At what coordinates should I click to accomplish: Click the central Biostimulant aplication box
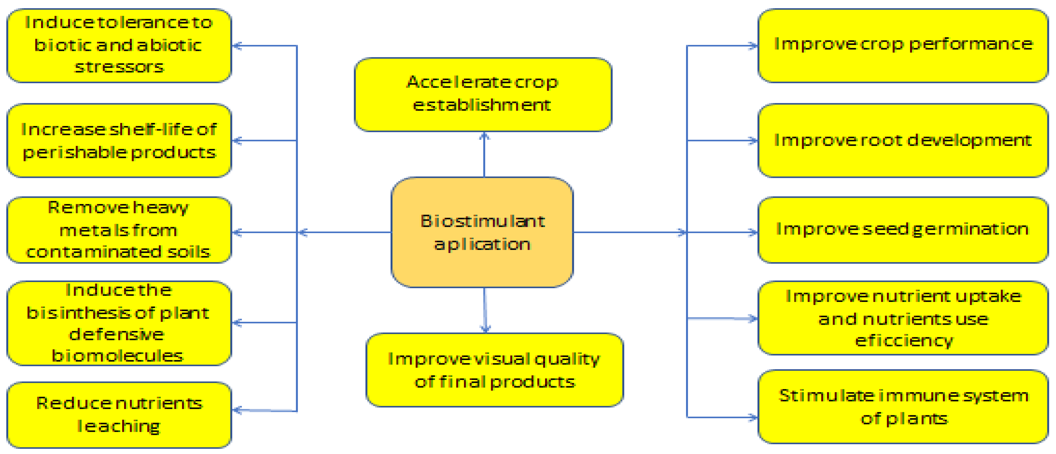[x=482, y=232]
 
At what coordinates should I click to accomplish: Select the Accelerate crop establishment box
[x=483, y=95]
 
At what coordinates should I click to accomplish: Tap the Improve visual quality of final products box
[x=494, y=370]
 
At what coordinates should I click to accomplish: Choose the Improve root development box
[x=903, y=141]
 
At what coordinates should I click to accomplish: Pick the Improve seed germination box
[x=903, y=230]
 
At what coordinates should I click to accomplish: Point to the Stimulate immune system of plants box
[x=903, y=407]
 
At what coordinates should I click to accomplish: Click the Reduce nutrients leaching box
[x=119, y=415]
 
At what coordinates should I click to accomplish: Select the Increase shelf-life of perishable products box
[x=119, y=141]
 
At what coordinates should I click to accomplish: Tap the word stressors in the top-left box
[x=119, y=67]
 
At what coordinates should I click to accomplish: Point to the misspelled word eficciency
[x=903, y=341]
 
